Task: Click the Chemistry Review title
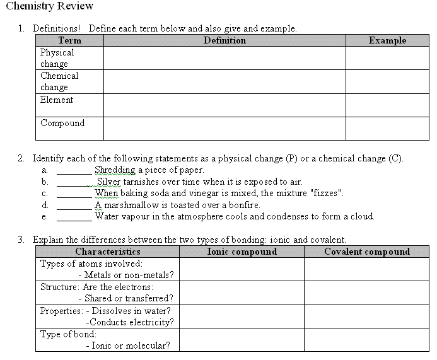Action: coord(49,6)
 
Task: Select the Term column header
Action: coord(69,40)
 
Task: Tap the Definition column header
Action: coord(224,40)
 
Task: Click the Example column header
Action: coord(387,40)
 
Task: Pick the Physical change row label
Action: coord(57,58)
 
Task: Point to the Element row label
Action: coord(57,100)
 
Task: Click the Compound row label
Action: coord(62,123)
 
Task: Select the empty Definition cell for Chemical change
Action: coord(224,81)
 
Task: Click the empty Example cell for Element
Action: coord(387,105)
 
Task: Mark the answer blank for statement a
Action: coord(74,170)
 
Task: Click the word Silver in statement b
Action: coord(108,182)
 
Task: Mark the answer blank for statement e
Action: coord(74,217)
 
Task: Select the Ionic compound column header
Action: coord(242,252)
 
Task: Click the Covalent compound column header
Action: coord(367,252)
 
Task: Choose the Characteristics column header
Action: coord(108,252)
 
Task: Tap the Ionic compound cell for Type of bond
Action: coord(242,340)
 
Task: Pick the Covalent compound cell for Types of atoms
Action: coord(367,269)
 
